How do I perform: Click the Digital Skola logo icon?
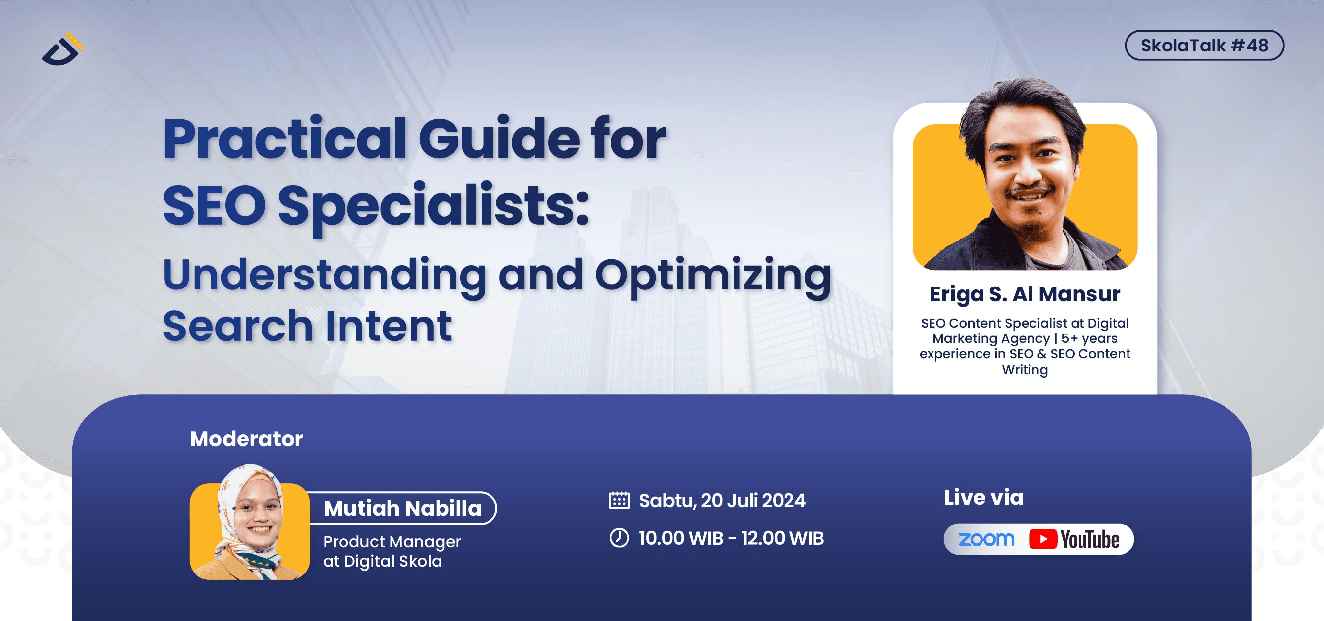coord(62,49)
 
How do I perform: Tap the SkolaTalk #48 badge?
coord(1204,46)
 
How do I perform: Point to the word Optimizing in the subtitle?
coord(712,276)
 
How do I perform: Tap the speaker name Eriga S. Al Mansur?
coord(1025,294)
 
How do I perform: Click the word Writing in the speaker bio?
coord(1025,369)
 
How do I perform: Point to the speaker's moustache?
coord(1030,191)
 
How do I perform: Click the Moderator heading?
coord(246,439)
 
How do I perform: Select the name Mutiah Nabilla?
coord(402,508)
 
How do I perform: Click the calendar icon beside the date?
coord(619,500)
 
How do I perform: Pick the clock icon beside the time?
coord(619,538)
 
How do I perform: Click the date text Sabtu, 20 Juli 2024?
coord(722,500)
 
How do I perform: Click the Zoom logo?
coord(986,539)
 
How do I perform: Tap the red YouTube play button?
coord(1042,539)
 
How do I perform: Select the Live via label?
coord(983,497)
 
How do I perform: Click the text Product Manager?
coord(392,541)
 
